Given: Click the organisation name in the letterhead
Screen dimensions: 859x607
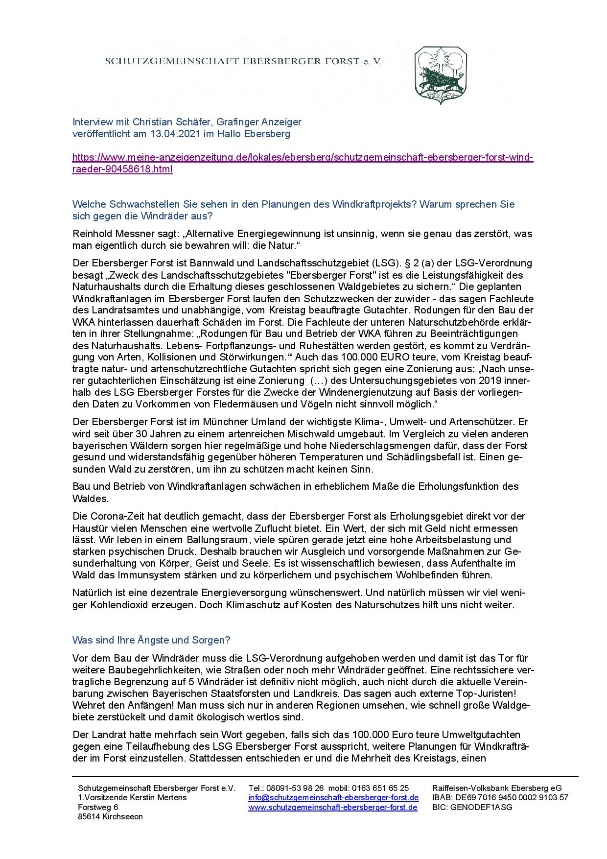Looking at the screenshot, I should pyautogui.click(x=243, y=61).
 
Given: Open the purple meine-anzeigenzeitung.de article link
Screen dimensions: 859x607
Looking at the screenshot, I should pyautogui.click(x=303, y=158).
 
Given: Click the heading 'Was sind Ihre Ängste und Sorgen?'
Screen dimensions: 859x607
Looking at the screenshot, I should pyautogui.click(x=151, y=640).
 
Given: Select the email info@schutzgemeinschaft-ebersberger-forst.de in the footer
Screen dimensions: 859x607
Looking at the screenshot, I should pyautogui.click(x=333, y=797).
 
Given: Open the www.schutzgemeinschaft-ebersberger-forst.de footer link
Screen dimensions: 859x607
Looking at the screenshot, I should pyautogui.click(x=333, y=807).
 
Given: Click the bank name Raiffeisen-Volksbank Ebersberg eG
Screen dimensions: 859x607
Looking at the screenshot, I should pyautogui.click(x=497, y=788).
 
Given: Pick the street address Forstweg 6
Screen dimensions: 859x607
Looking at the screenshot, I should pyautogui.click(x=98, y=807).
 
